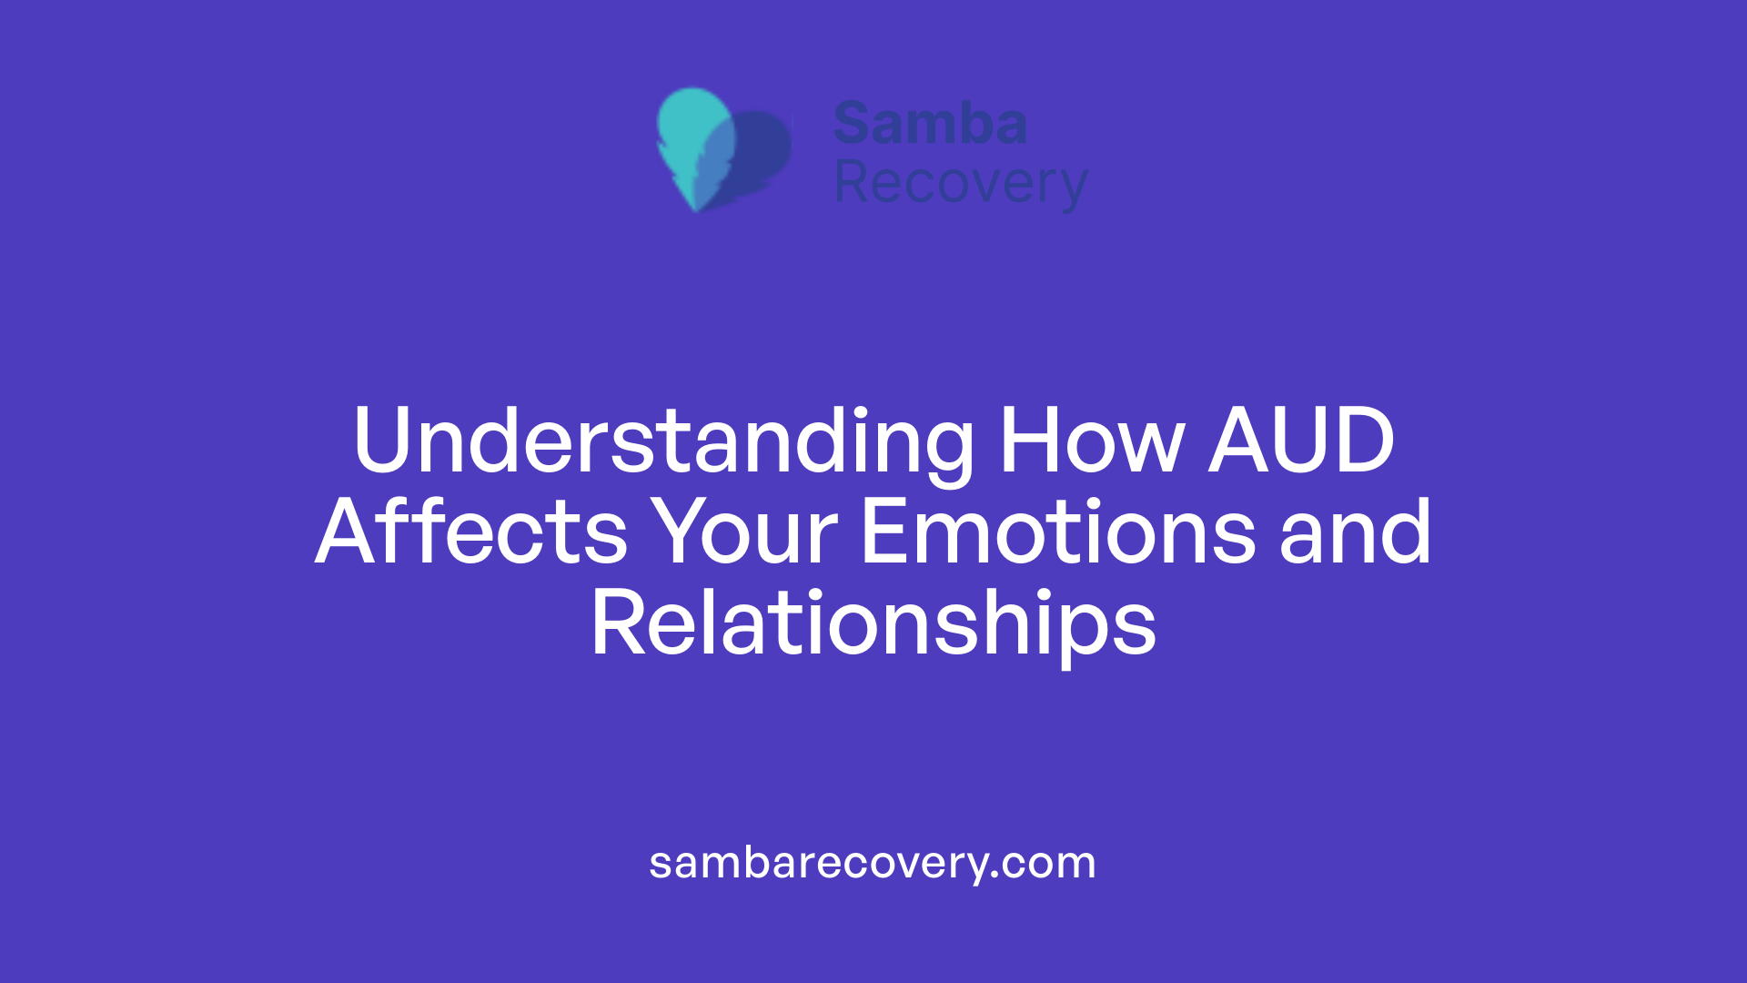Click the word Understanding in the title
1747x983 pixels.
[663, 442]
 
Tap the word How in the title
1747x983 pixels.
[1091, 442]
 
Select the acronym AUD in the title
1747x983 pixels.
[1301, 442]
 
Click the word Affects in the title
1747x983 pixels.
[471, 533]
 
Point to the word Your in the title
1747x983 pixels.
[746, 533]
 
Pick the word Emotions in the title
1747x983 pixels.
[1058, 533]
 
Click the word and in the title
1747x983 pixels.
[1356, 533]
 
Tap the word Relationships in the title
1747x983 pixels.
[873, 626]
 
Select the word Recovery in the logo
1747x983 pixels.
[961, 183]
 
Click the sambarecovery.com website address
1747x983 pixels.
[873, 863]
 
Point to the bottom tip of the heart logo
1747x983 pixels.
[697, 208]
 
